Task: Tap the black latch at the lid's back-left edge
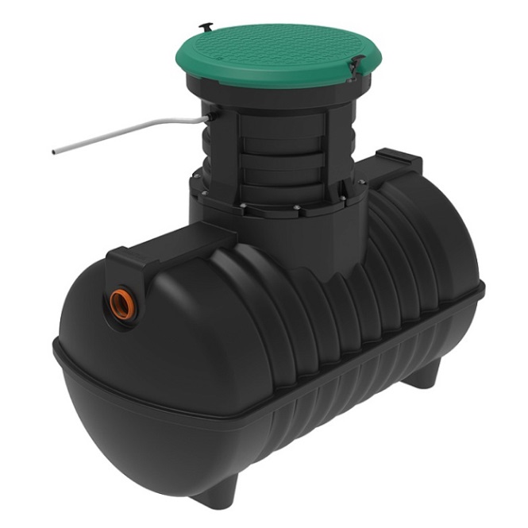click(205, 27)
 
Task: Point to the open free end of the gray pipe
click(54, 151)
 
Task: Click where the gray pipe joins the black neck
click(208, 118)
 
